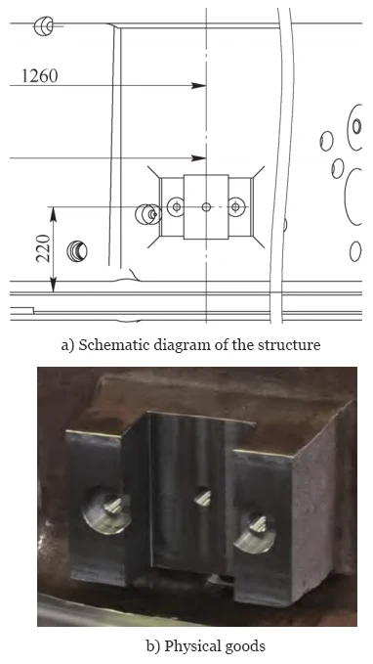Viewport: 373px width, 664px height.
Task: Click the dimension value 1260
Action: click(39, 76)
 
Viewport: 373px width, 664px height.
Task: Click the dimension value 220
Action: click(43, 248)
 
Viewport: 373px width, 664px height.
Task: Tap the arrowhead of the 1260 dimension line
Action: click(198, 85)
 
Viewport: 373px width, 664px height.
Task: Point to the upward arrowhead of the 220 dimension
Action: click(53, 214)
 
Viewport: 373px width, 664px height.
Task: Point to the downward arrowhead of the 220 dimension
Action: click(53, 285)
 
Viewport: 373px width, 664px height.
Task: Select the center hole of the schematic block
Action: click(206, 206)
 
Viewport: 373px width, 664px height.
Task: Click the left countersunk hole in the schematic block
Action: click(176, 206)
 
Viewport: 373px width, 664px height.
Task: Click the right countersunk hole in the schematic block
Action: click(236, 206)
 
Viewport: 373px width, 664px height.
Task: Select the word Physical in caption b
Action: click(188, 646)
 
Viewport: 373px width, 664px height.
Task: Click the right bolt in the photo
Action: click(255, 531)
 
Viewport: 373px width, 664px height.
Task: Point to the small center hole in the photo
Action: click(203, 497)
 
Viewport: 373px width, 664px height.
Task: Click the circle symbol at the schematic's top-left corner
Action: click(44, 26)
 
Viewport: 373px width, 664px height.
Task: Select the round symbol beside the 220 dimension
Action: click(77, 251)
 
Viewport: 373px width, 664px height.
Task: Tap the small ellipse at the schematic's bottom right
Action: click(355, 251)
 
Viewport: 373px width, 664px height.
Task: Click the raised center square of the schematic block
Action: click(206, 206)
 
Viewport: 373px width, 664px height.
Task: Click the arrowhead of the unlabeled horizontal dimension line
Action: click(198, 158)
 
